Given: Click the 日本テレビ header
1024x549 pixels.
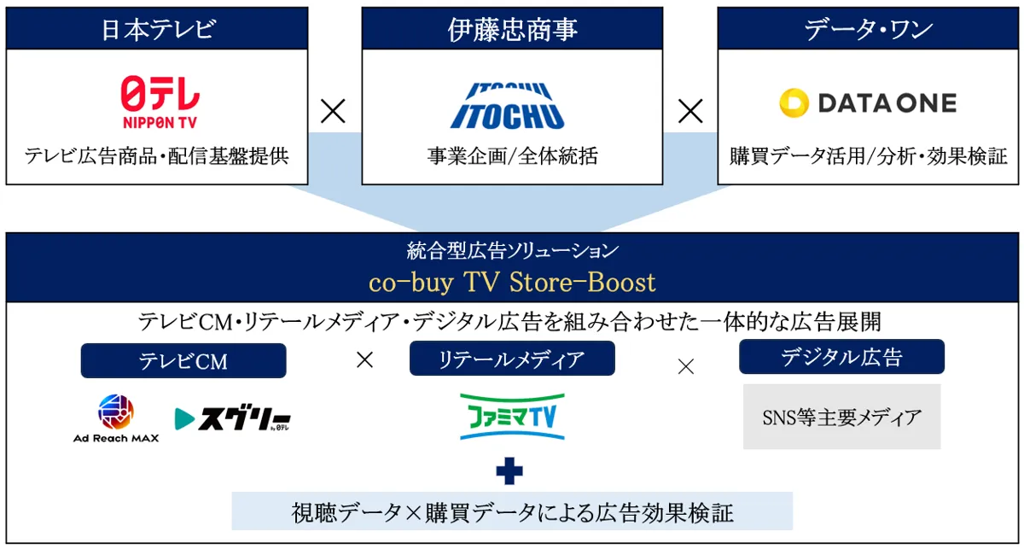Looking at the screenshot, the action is click(x=157, y=28).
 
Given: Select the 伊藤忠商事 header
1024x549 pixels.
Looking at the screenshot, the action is click(x=512, y=28).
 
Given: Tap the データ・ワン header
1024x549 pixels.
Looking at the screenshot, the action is click(x=868, y=28).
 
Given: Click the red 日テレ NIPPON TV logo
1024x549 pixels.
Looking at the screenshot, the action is click(x=160, y=102).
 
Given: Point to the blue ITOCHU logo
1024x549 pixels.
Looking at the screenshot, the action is click(x=508, y=106).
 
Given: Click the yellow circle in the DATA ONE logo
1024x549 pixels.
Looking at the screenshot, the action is click(x=794, y=103).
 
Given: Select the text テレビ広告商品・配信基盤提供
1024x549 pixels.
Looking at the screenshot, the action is click(x=157, y=156).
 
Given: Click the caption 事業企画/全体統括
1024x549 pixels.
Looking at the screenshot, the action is click(x=513, y=156).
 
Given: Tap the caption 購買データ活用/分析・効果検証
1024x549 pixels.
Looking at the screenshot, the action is click(x=868, y=156).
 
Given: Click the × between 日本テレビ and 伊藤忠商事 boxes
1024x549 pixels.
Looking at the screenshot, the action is click(x=333, y=111).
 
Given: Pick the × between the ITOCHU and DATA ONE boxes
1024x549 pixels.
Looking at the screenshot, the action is click(x=690, y=111).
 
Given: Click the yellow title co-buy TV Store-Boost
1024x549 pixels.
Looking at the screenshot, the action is click(x=512, y=282).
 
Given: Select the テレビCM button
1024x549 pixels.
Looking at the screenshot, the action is click(x=183, y=361).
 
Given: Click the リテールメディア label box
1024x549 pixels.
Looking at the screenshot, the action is click(x=512, y=359).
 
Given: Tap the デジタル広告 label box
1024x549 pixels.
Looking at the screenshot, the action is click(x=841, y=357).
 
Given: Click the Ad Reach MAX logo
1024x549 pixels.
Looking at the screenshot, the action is click(x=116, y=418).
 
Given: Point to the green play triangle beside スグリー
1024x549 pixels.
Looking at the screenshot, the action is click(x=184, y=418).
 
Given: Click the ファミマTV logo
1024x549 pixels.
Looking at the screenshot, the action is click(x=512, y=417).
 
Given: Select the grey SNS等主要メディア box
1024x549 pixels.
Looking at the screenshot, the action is click(x=841, y=417).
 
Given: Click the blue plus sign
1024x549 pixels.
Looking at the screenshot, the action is click(x=509, y=470).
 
